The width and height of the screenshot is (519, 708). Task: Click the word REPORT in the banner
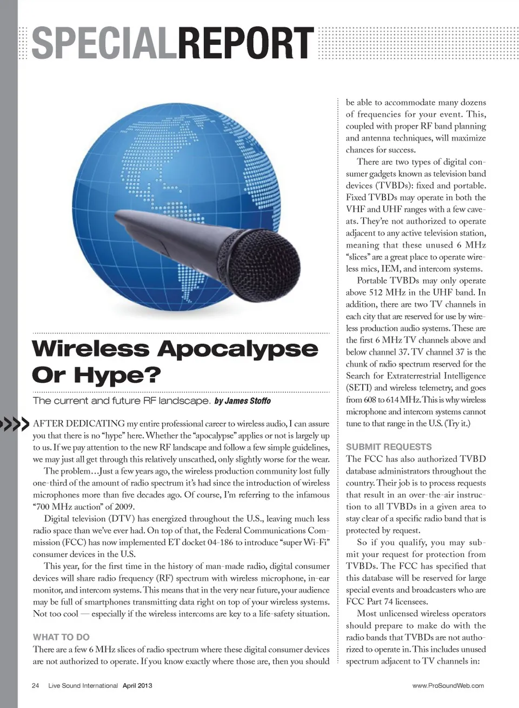click(x=245, y=43)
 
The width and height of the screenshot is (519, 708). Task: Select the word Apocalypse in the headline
click(x=237, y=349)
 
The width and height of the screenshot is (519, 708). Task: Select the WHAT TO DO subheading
click(x=61, y=637)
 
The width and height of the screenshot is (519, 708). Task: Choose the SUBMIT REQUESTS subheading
click(x=389, y=447)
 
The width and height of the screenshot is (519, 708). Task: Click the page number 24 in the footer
click(x=36, y=686)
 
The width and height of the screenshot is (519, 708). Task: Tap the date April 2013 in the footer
click(x=137, y=686)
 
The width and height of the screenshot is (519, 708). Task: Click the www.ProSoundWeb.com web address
click(x=448, y=686)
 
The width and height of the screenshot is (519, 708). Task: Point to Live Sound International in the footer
click(x=83, y=686)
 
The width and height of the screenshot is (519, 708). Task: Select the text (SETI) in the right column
click(x=359, y=388)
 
